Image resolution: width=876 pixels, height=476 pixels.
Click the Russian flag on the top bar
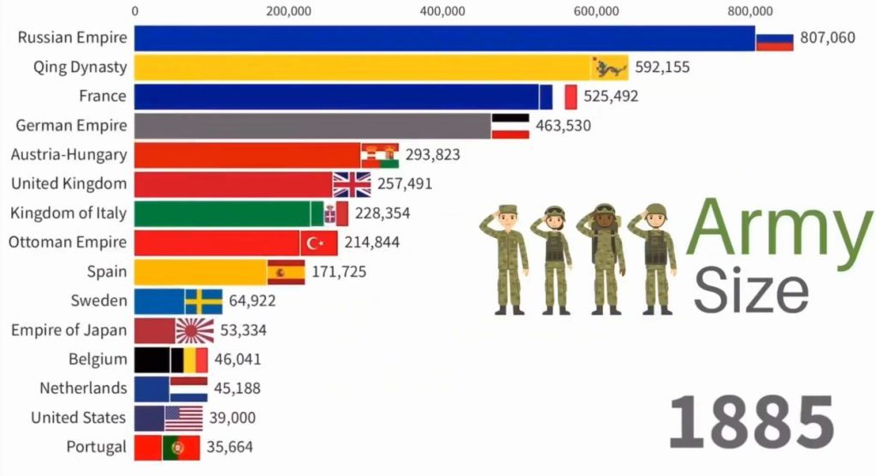click(x=774, y=38)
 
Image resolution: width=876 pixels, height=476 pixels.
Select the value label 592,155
click(x=660, y=68)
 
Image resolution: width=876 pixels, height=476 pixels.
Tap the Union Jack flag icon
click(x=352, y=184)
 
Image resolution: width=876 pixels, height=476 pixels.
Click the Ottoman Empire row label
click(x=68, y=242)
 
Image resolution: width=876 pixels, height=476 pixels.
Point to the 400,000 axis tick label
click(x=442, y=11)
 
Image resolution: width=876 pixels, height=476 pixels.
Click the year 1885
click(x=750, y=422)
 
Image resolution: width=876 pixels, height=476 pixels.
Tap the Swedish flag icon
click(x=204, y=301)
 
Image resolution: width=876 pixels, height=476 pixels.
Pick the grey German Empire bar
click(x=312, y=126)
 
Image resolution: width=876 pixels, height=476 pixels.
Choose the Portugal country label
click(x=96, y=447)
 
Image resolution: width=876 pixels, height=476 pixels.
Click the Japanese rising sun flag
click(x=194, y=330)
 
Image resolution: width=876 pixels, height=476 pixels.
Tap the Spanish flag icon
click(x=286, y=272)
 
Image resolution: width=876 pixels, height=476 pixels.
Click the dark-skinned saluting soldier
click(x=605, y=258)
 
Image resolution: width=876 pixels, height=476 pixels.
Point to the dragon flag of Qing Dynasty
click(x=610, y=68)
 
